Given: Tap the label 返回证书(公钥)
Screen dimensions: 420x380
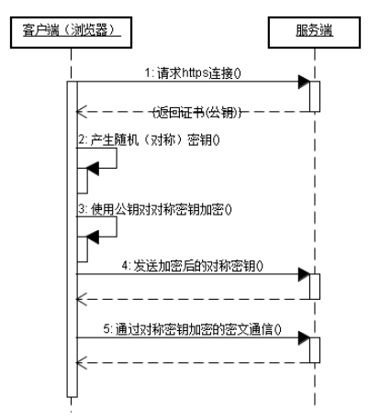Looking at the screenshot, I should (195, 111).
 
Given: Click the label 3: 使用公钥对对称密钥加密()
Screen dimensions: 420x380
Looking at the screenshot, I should (154, 208).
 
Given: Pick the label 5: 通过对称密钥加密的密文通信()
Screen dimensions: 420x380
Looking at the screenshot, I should (204, 329).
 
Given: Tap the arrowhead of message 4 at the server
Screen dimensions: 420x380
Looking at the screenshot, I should (305, 273).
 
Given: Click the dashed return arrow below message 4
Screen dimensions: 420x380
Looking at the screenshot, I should (193, 298).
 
